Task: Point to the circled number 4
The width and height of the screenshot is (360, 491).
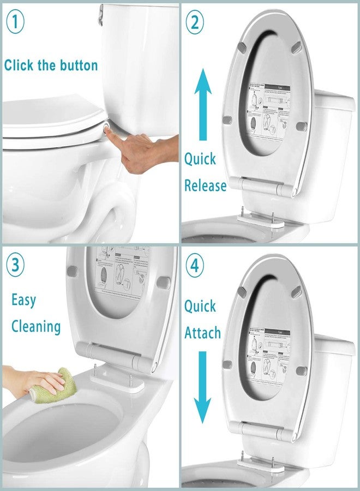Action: [x=195, y=268]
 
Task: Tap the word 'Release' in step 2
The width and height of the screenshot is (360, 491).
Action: [x=205, y=185]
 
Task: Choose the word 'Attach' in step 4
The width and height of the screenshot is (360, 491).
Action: [x=202, y=332]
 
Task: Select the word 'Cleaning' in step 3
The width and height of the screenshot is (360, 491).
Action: [x=36, y=327]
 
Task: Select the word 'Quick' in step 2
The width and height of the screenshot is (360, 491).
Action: [x=200, y=159]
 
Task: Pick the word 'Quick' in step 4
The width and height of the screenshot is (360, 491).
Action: [x=200, y=306]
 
